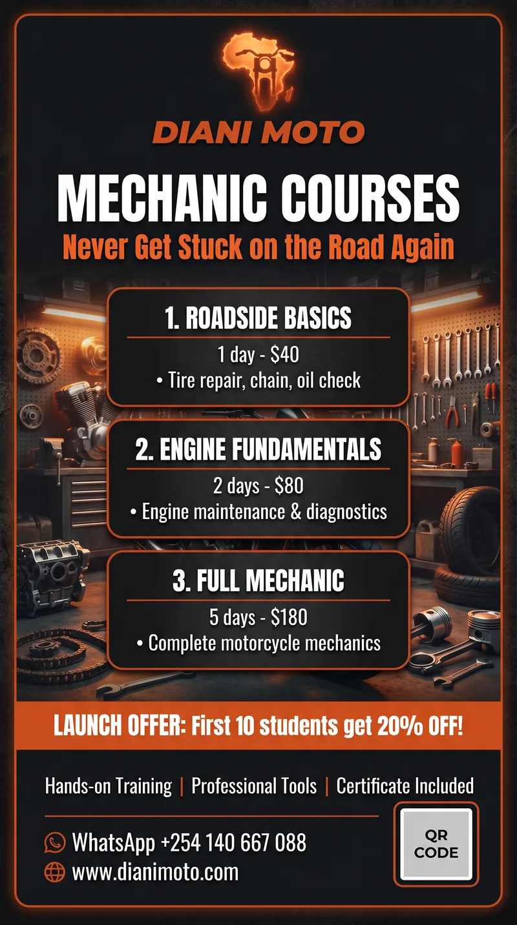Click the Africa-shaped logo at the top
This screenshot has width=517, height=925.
(258, 71)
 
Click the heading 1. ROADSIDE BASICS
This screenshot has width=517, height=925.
(258, 318)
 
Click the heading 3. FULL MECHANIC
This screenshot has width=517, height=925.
(258, 581)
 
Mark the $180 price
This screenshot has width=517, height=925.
(289, 617)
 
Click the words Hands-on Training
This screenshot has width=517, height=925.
(109, 786)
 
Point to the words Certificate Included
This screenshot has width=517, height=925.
(405, 786)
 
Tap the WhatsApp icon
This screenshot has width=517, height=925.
(54, 842)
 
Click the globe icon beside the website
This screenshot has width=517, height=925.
(54, 873)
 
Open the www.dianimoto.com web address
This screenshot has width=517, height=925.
(155, 873)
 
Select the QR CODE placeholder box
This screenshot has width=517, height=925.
(436, 844)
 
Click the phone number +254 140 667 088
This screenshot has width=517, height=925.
(233, 842)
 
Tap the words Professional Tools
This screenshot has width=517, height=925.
(254, 786)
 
